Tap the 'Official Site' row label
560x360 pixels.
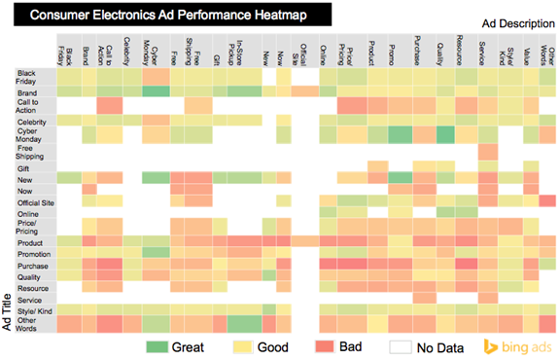(34, 199)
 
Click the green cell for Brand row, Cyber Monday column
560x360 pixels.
(157, 90)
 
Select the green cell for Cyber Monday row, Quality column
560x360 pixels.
(444, 135)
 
